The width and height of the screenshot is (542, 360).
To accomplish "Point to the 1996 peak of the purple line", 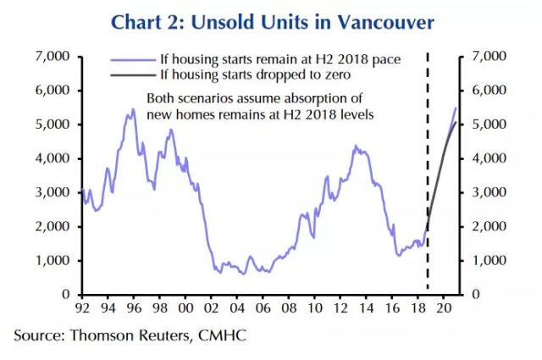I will [132, 109].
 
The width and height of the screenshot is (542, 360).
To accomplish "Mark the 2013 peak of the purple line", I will [356, 147].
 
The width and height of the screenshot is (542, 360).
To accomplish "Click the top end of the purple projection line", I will [456, 108].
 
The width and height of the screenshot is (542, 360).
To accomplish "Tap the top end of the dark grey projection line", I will [456, 123].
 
